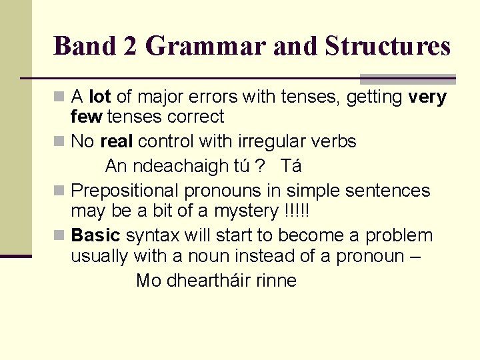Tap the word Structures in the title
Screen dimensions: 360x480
pyautogui.click(x=388, y=47)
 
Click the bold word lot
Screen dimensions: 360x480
pyautogui.click(x=99, y=97)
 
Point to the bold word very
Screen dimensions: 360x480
pyautogui.click(x=427, y=97)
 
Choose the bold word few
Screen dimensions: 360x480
pyautogui.click(x=86, y=117)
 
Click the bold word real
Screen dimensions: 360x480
pyautogui.click(x=117, y=141)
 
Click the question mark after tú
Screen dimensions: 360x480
pyautogui.click(x=263, y=165)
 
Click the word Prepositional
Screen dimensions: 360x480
pyautogui.click(x=125, y=191)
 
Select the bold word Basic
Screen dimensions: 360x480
pyautogui.click(x=95, y=236)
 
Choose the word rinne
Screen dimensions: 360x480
pyautogui.click(x=276, y=281)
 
